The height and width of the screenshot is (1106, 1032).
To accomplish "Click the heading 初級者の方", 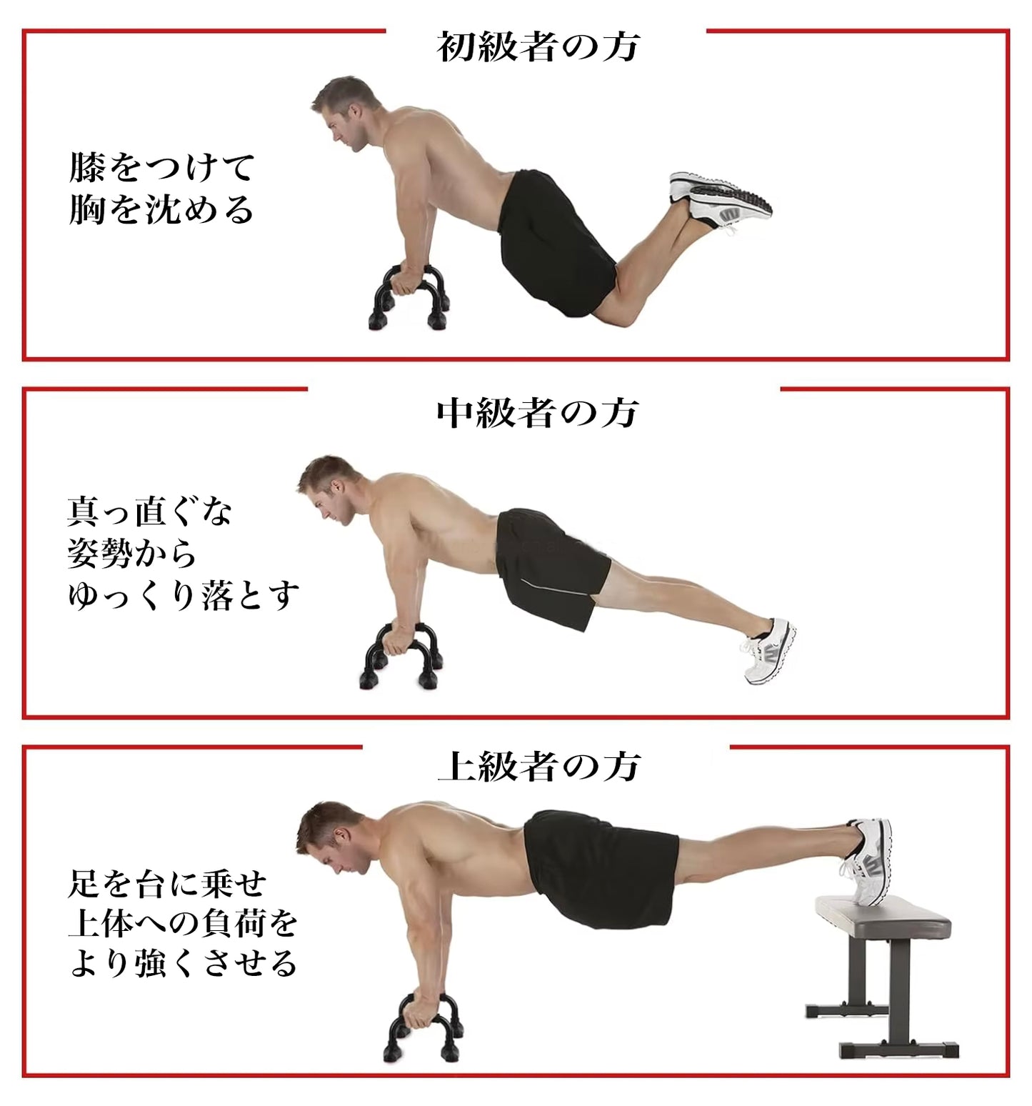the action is [x=537, y=47].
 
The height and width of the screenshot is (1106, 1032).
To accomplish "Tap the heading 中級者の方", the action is [x=537, y=413].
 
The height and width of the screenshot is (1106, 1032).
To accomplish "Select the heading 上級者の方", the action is [x=539, y=766].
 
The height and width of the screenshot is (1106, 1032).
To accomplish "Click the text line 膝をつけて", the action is [x=162, y=168].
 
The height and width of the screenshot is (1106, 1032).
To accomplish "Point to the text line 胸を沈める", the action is [x=161, y=209].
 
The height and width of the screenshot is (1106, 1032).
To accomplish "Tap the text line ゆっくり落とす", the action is [x=184, y=595].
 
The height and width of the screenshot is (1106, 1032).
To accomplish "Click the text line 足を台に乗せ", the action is [x=167, y=884].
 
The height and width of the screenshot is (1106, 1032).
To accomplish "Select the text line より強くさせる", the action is [x=183, y=962].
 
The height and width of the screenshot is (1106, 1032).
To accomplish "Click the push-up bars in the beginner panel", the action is [x=409, y=297].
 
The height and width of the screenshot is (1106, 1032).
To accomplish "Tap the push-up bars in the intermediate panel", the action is [x=401, y=656].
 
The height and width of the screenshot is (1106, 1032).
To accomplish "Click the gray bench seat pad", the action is [x=883, y=918].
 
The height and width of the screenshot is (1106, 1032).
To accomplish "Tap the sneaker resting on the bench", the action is [x=868, y=861].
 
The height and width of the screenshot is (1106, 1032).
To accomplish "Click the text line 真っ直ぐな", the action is [x=151, y=512].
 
